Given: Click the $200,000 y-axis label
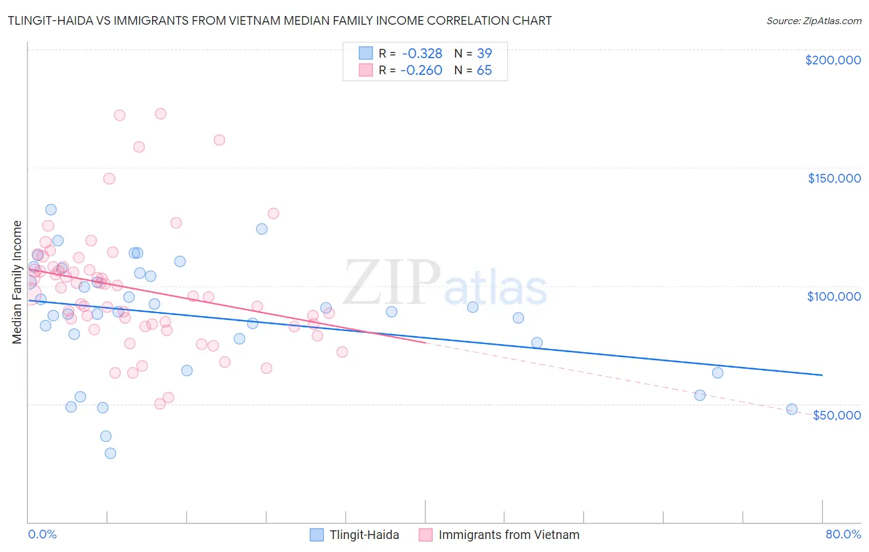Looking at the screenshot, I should (x=833, y=60).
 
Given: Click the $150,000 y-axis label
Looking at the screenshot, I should (x=834, y=178).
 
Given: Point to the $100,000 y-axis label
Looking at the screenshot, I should (x=834, y=296).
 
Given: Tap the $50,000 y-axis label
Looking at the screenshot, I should (x=836, y=415).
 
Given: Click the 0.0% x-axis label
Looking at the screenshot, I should (x=42, y=534).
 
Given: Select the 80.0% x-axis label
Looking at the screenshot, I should (x=843, y=534).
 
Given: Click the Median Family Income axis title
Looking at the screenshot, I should (x=17, y=282).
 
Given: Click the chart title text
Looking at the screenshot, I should (x=280, y=20).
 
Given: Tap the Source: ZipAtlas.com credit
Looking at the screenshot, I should (x=813, y=20).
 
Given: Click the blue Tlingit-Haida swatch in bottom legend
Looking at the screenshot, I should (x=317, y=535).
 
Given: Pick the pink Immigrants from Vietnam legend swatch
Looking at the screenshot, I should (x=426, y=535).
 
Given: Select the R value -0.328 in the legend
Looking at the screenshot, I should (x=422, y=54).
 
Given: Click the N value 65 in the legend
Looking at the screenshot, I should (x=484, y=71).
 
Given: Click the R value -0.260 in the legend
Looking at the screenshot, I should (x=422, y=71).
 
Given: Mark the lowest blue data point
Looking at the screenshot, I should (x=110, y=453).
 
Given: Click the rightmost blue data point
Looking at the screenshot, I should (x=792, y=409).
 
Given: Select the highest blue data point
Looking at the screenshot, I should (x=51, y=210).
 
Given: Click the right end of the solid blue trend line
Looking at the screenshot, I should (x=822, y=375).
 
